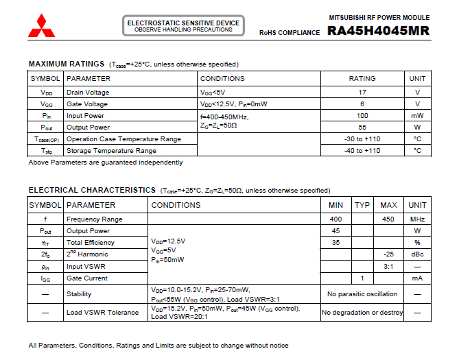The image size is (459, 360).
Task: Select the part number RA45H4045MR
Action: [378, 31]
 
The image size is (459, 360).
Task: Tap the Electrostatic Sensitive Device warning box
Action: [183, 26]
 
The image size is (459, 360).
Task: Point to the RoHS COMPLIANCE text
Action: [290, 32]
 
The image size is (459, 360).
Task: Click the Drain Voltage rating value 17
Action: [362, 92]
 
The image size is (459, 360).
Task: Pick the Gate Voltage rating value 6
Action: [362, 104]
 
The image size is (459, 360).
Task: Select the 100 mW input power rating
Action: [362, 116]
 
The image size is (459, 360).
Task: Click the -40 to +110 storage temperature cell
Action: [362, 151]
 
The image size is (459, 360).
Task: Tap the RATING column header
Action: [362, 79]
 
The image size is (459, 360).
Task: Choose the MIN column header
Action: [336, 205]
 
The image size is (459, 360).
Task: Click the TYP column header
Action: [362, 205]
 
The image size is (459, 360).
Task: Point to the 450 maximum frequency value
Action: [388, 219]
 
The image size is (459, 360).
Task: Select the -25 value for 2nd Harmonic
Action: [388, 254]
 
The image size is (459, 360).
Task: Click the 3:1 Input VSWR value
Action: [388, 266]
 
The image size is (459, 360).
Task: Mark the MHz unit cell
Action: [417, 219]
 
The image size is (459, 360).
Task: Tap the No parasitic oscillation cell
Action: [362, 294]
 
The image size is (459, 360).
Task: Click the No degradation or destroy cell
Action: [362, 313]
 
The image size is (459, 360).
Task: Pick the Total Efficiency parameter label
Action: [91, 243]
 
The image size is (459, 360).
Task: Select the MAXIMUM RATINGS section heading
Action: [66, 64]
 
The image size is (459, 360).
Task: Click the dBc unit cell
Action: [417, 254]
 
